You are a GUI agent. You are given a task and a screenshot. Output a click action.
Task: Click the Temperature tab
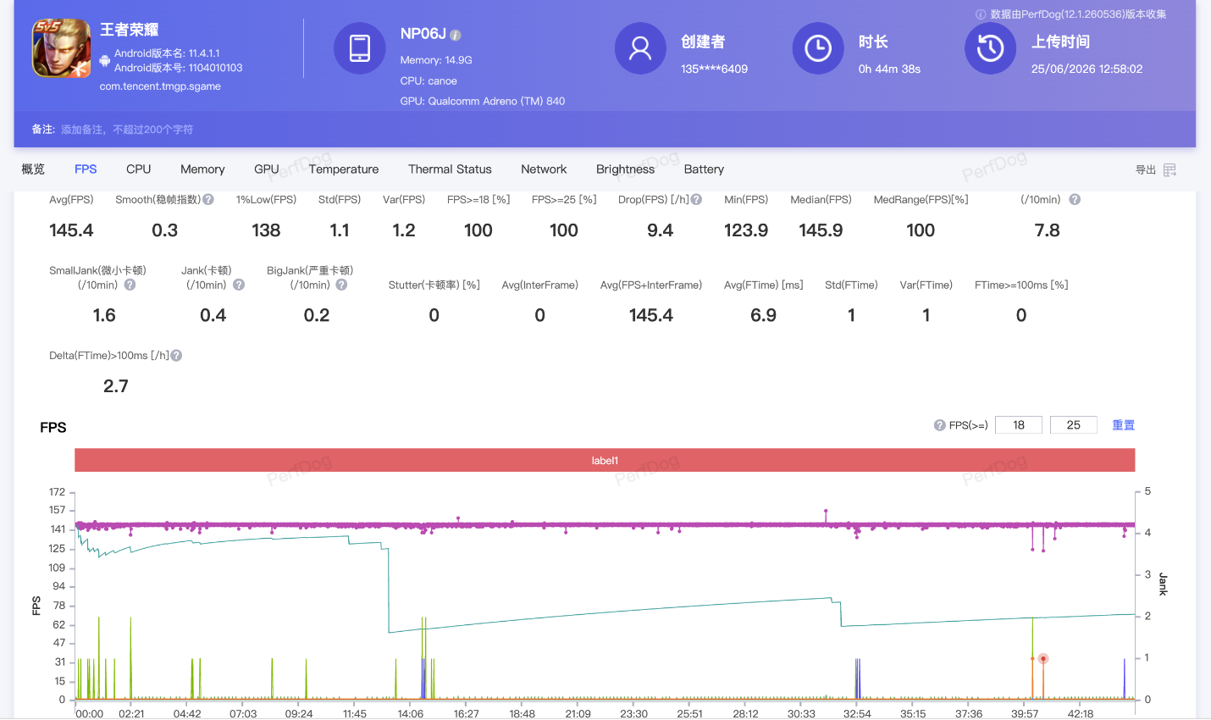(x=343, y=169)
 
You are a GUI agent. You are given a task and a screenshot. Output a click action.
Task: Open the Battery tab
(x=704, y=169)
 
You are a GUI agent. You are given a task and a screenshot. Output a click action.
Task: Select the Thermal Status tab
(x=450, y=169)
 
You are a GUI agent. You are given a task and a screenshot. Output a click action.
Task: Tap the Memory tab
(x=202, y=169)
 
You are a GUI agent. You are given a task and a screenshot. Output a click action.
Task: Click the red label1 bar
(x=605, y=460)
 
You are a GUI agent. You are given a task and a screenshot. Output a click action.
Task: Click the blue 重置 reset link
(x=1123, y=425)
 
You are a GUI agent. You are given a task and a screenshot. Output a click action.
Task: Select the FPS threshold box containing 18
(x=1019, y=425)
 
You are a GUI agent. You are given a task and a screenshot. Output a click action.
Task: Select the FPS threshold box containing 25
(x=1073, y=425)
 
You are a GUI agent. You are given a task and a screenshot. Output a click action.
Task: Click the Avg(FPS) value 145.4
(x=71, y=230)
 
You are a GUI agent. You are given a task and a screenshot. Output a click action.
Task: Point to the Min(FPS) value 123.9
(x=746, y=230)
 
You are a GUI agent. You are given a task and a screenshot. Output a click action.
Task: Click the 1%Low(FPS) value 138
(x=266, y=230)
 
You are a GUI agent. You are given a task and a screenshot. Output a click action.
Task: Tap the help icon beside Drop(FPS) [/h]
(x=696, y=200)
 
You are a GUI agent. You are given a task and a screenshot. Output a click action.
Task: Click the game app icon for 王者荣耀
(x=61, y=48)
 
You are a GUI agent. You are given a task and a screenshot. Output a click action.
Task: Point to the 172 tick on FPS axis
(x=57, y=492)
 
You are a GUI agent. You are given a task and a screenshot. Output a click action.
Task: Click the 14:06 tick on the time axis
(x=411, y=713)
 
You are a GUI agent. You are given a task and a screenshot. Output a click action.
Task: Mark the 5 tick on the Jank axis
(x=1147, y=491)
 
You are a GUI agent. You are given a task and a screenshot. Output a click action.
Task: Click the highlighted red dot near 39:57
(x=1042, y=658)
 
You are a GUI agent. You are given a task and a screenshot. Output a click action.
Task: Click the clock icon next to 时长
(x=818, y=48)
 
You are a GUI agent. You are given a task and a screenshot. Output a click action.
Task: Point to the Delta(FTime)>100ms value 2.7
(x=116, y=386)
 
